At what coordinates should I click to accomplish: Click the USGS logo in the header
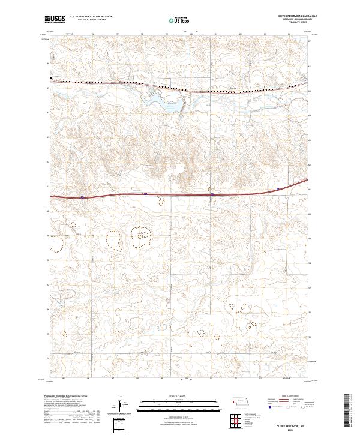tap(55, 19)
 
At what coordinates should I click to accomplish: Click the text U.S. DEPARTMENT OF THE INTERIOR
tap(91, 17)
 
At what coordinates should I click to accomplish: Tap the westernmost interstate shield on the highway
tap(82, 196)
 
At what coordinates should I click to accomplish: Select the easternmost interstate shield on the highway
tap(278, 189)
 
